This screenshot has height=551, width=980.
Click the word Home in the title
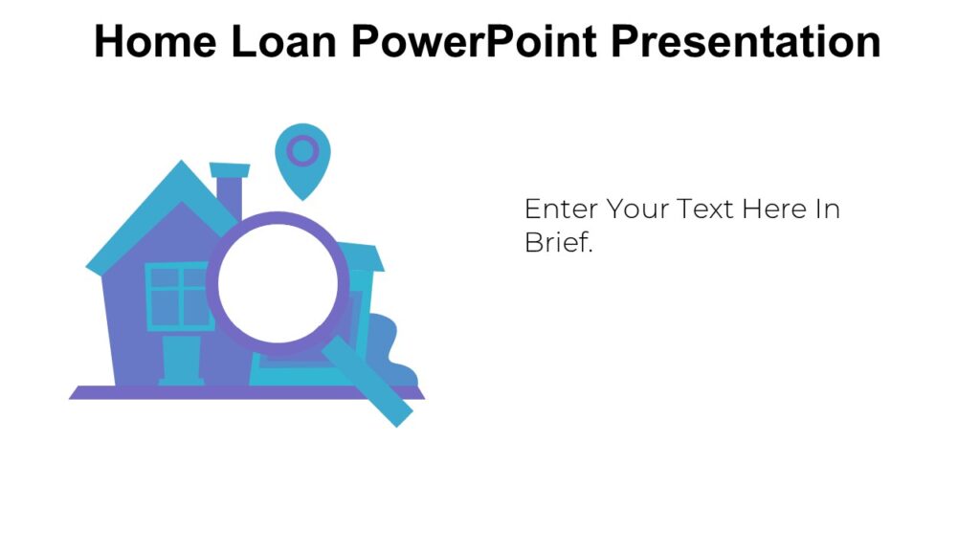click(152, 41)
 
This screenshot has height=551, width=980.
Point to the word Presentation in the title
click(746, 41)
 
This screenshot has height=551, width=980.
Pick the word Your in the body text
click(636, 209)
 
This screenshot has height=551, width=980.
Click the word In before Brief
click(828, 209)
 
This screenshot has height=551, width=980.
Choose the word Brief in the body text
click(557, 242)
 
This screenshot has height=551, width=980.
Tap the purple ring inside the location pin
click(302, 150)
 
